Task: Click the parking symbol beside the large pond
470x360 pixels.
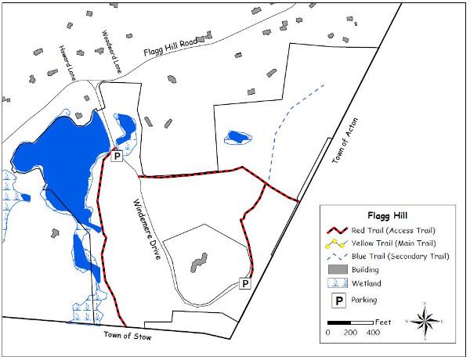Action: click(x=116, y=157)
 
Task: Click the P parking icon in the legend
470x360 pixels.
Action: click(x=334, y=299)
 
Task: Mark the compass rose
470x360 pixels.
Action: click(x=425, y=319)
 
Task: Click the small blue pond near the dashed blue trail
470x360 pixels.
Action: click(x=236, y=138)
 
